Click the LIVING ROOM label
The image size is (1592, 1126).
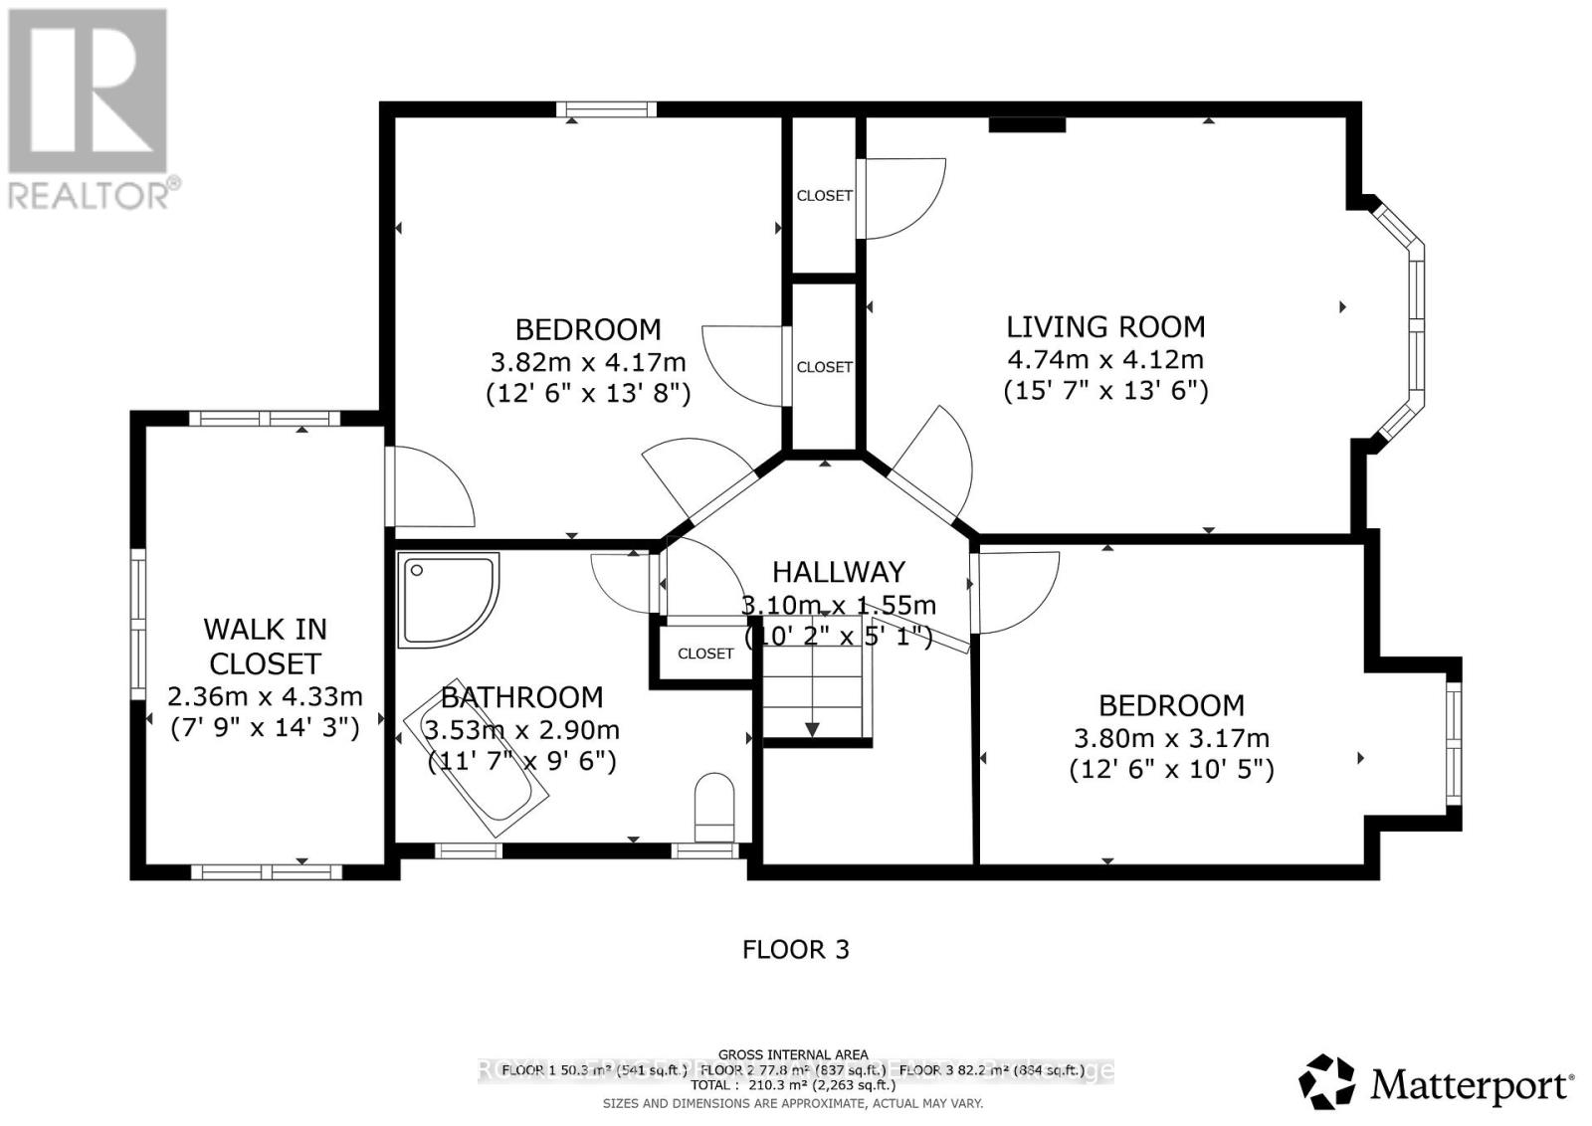[x=1105, y=327]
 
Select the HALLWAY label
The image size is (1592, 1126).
[x=839, y=572]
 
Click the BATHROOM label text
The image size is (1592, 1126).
[x=521, y=697]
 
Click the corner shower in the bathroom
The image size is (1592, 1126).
[x=446, y=598]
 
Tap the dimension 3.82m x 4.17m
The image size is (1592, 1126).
[x=588, y=361]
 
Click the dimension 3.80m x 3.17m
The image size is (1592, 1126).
[x=1171, y=738]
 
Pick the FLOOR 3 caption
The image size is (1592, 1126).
[x=796, y=950]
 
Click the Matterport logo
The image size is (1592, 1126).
[x=1437, y=1082]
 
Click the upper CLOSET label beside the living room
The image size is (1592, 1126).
[x=824, y=196]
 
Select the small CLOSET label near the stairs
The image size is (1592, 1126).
[x=705, y=654]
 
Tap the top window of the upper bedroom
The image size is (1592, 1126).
[x=605, y=109]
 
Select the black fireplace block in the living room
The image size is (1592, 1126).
[x=1027, y=124]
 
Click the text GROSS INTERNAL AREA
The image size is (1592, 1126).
[x=793, y=1054]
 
